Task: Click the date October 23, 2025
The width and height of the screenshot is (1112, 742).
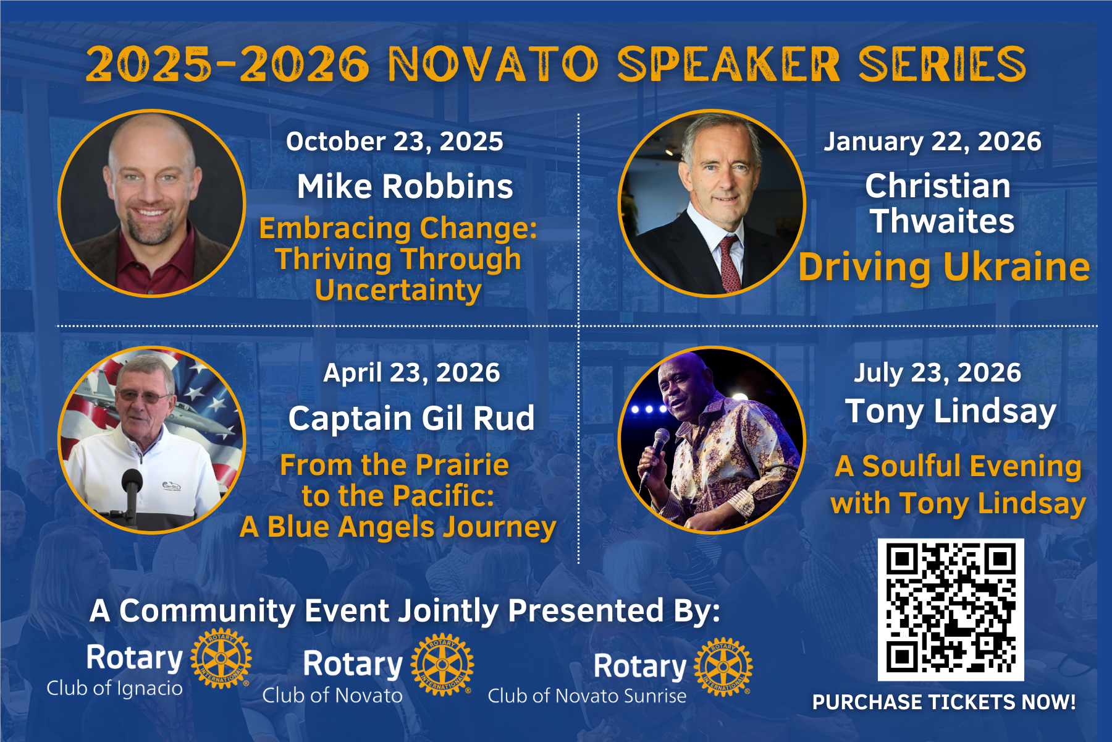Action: pos(394,142)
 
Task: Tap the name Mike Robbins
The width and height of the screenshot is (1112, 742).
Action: pos(405,186)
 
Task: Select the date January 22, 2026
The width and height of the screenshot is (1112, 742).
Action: pos(932,142)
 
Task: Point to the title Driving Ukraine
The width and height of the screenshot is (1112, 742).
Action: pos(943,267)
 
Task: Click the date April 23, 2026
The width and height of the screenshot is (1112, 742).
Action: pos(411,373)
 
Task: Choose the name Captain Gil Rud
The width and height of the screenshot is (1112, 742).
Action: pos(411,419)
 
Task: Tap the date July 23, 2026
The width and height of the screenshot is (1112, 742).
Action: pos(937,373)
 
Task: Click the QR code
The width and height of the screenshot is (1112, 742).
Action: pos(951,609)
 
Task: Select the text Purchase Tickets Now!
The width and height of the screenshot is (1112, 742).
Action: pos(943,702)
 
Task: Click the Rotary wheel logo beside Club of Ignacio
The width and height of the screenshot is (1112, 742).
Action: pos(221,659)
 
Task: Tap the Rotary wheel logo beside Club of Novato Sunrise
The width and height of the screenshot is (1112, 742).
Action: pos(723,667)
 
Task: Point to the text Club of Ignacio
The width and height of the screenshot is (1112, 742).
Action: pos(115,688)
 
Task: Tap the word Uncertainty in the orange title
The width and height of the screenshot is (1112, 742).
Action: pos(398,290)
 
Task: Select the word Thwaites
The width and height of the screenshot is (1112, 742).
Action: pos(942,221)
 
